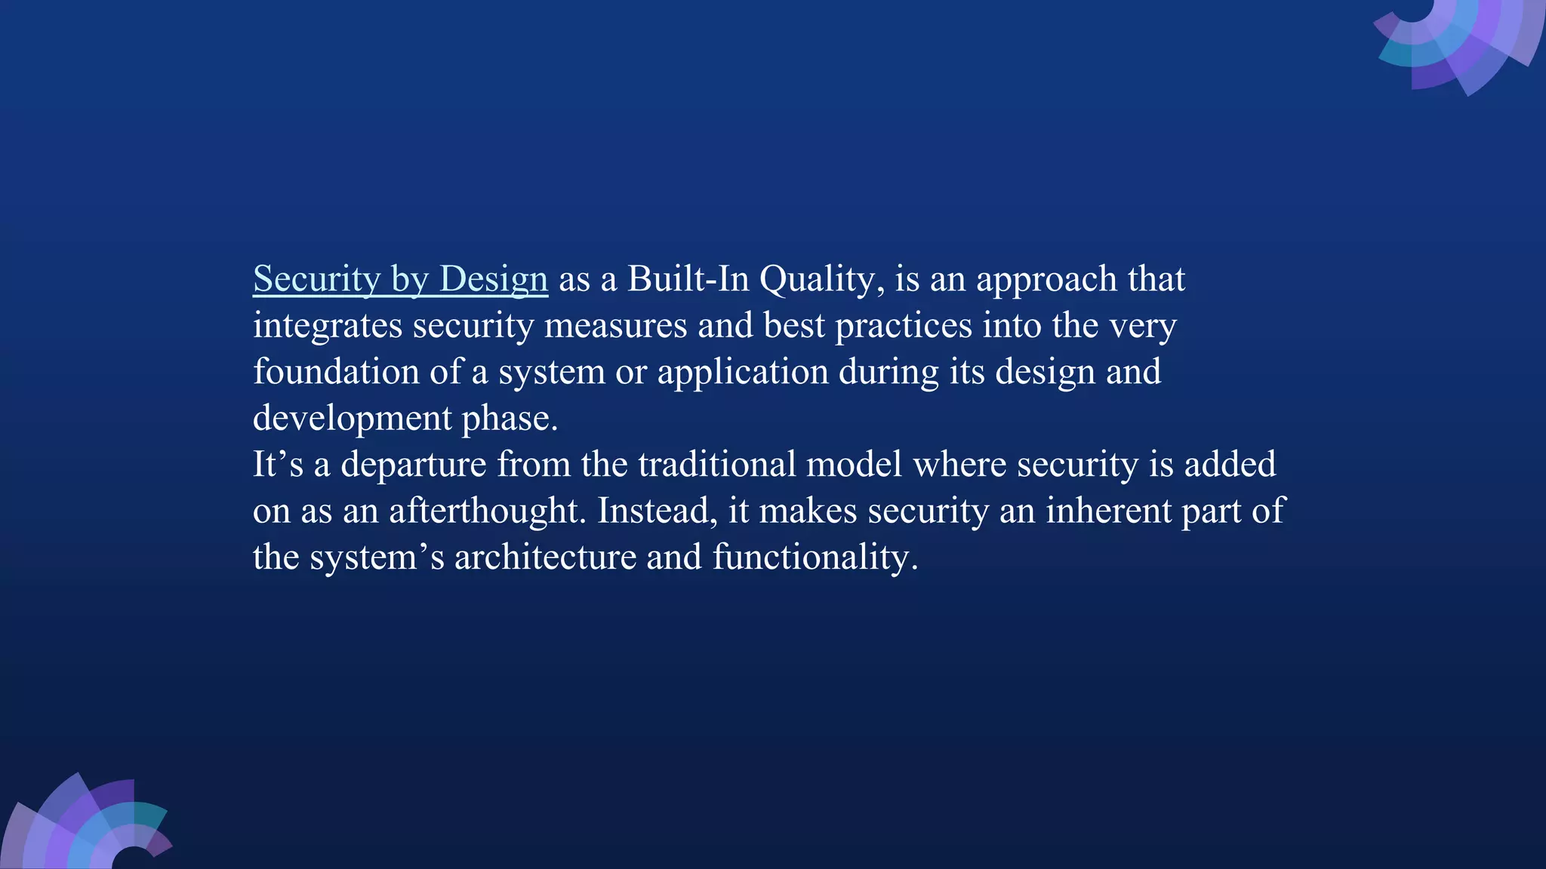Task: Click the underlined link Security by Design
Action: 400,279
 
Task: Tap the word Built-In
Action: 688,279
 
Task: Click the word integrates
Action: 328,327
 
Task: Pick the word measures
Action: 615,326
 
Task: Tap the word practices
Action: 903,327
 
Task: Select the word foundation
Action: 336,372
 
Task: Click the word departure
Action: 413,465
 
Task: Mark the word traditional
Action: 717,464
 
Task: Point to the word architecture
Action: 545,557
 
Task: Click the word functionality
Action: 815,558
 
